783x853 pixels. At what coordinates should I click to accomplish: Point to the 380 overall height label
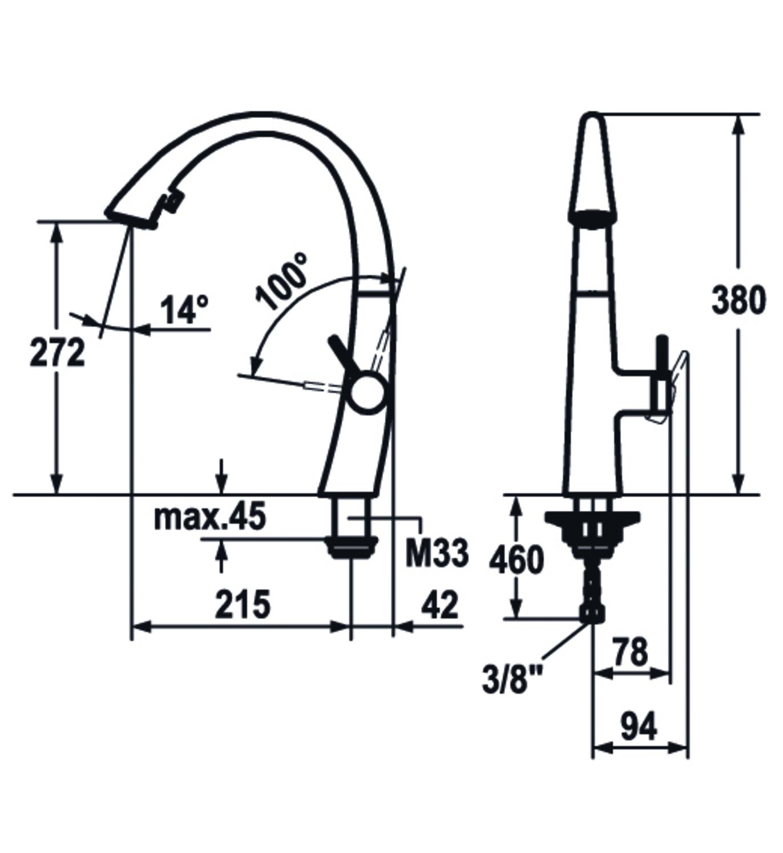click(x=738, y=299)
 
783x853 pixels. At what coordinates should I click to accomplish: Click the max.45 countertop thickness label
click(x=210, y=516)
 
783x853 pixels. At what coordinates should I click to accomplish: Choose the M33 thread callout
click(x=437, y=553)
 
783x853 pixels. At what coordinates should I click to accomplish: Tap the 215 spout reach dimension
click(x=243, y=604)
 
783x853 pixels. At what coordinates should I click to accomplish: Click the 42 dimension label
click(x=440, y=604)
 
